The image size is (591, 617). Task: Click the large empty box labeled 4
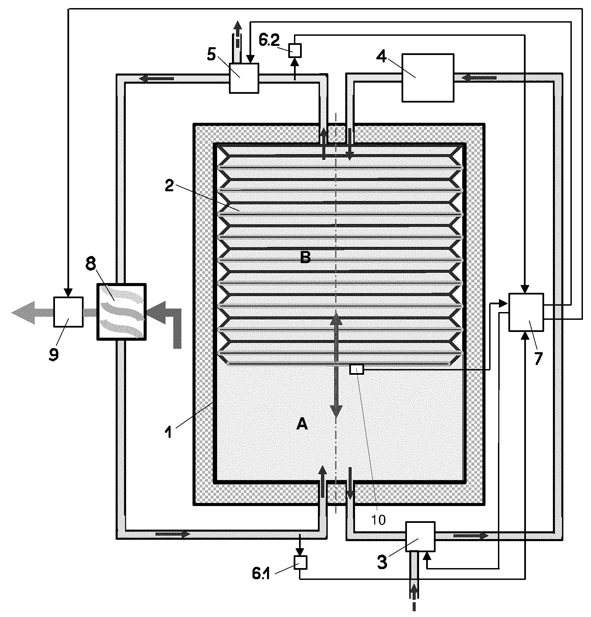tap(428, 78)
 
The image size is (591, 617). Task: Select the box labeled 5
tap(244, 78)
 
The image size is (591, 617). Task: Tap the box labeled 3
tap(420, 537)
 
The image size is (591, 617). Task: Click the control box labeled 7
tap(526, 312)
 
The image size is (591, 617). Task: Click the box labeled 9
tap(68, 312)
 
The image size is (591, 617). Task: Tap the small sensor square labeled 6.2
tap(296, 51)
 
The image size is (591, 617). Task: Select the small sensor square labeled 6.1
tap(300, 562)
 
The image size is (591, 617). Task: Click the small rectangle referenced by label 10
tap(357, 370)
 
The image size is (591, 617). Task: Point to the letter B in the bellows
tap(305, 258)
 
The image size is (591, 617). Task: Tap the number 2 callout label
tap(169, 186)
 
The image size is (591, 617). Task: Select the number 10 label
tap(378, 520)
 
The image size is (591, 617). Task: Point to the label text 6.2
tap(269, 40)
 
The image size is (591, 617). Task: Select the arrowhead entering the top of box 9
tap(68, 292)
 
